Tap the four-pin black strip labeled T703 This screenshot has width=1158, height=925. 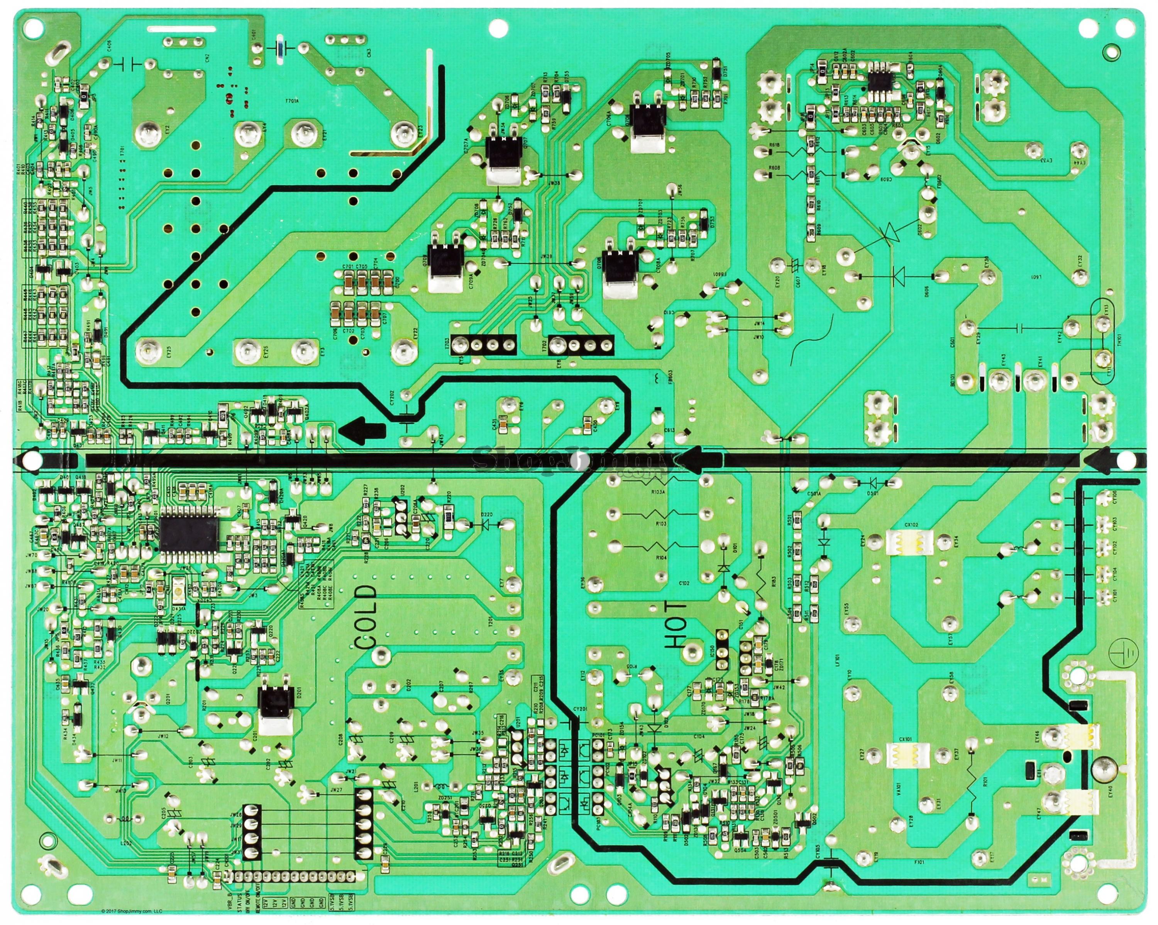click(x=483, y=345)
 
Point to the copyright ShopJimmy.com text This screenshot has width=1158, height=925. click(x=131, y=910)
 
